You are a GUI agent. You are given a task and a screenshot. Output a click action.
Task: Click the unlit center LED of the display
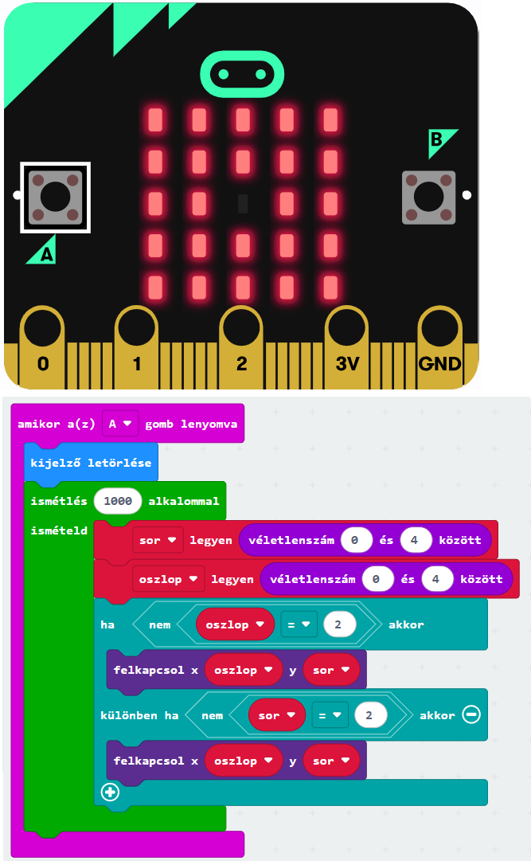pyautogui.click(x=243, y=203)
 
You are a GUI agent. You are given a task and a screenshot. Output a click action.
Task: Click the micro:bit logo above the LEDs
pyautogui.click(x=242, y=74)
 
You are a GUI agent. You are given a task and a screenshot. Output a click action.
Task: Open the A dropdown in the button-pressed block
pyautogui.click(x=119, y=424)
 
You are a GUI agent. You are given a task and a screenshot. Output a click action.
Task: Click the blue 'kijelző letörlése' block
pyautogui.click(x=91, y=463)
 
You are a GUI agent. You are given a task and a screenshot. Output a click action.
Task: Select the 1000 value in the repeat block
pyautogui.click(x=117, y=502)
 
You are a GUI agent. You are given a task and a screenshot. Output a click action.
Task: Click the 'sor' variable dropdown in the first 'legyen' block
pyautogui.click(x=158, y=540)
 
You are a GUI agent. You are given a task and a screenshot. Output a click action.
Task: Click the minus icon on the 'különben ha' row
pyautogui.click(x=471, y=715)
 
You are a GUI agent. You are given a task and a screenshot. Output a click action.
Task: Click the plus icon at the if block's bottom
pyautogui.click(x=110, y=793)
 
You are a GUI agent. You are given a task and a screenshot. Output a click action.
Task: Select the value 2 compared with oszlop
pyautogui.click(x=338, y=624)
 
